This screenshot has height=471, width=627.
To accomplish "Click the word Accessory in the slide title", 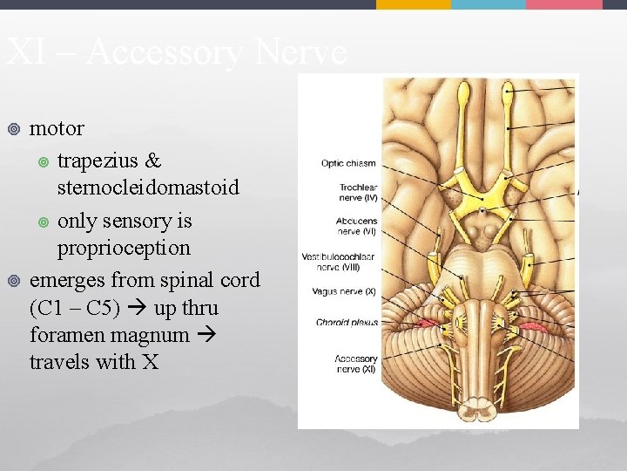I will [165, 54].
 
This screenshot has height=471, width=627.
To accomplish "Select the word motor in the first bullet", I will [57, 128].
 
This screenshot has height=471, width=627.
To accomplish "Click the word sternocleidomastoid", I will [148, 188].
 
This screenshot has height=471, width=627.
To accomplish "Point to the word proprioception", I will [124, 248].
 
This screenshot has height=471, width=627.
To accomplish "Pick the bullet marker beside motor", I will [12, 129].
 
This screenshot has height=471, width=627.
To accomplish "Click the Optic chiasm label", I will [348, 162].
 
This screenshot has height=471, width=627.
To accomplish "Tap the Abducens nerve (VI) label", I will [356, 227].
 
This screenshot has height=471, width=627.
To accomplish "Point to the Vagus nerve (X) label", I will [346, 291].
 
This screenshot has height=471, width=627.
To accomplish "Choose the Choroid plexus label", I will [347, 323].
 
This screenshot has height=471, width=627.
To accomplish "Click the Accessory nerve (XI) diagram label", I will [355, 364].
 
